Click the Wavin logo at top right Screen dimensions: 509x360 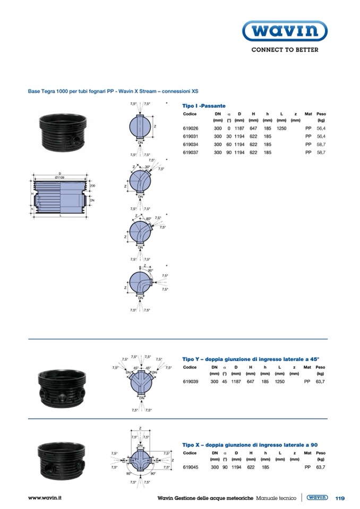pos(285,31)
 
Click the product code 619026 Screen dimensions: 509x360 pos(190,128)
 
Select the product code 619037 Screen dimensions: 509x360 pos(190,152)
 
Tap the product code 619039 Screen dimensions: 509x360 pos(190,382)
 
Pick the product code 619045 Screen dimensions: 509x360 pos(190,468)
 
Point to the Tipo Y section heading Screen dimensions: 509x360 pos(251,359)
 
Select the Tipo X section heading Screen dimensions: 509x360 pos(250,445)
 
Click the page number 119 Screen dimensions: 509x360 pos(340,498)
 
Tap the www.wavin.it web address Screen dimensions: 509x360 pos(45,498)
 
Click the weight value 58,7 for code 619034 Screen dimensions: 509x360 pos(321,144)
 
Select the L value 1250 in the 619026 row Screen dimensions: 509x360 pos(281,128)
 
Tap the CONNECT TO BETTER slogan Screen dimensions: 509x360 pos(285,50)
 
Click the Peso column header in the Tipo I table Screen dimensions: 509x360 pos(321,114)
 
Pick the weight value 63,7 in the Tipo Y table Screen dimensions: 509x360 pos(320,382)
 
